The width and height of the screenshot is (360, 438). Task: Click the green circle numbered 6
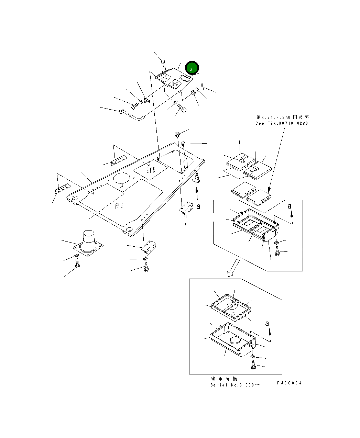click(x=192, y=68)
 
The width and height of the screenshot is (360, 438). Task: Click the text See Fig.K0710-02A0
click(x=282, y=123)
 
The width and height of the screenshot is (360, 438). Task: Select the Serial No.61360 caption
click(x=235, y=385)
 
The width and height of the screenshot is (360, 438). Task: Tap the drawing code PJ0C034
click(x=289, y=383)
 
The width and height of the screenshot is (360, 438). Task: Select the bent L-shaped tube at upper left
click(x=134, y=115)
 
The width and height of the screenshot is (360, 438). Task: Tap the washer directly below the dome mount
click(x=76, y=256)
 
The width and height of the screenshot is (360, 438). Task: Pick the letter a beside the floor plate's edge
click(x=198, y=206)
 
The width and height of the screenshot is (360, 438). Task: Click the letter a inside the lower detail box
click(x=267, y=324)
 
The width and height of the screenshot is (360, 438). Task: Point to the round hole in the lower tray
click(x=236, y=340)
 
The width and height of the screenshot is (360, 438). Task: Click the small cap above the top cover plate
click(x=163, y=62)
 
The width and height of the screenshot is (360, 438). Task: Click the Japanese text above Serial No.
click(x=224, y=379)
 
